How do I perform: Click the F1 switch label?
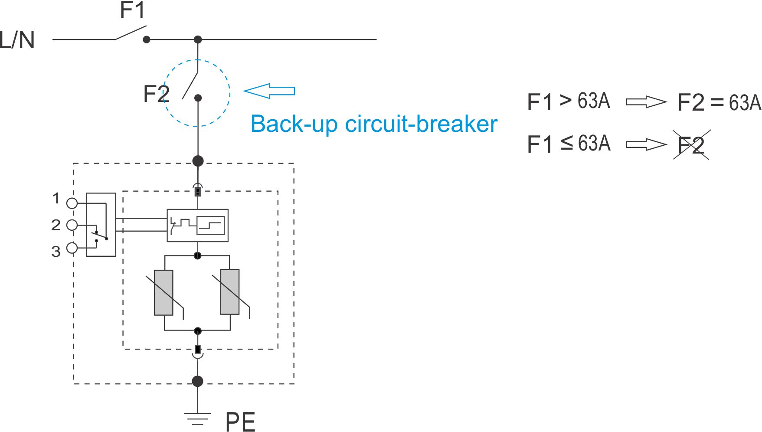pos(132,10)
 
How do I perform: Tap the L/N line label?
pos(17,40)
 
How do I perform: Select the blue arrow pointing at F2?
pos(269,91)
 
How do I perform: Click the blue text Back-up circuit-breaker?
pos(374,124)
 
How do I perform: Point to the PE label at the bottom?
pos(240,422)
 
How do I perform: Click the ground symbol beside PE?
pos(198,419)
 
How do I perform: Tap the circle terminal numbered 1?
pos(72,203)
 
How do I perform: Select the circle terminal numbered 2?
pos(72,225)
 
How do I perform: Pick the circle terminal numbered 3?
pos(72,248)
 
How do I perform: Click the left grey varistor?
pos(164,293)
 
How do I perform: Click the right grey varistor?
pos(230,292)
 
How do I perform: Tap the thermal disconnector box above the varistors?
pos(198,226)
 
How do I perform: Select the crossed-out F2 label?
pos(691,145)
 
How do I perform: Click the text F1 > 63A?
pos(569,101)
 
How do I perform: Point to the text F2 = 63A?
pos(719,103)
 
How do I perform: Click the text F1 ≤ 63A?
pos(569,144)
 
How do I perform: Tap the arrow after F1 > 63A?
pos(646,102)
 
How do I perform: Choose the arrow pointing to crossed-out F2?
pos(646,144)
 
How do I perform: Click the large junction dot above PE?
pos(198,381)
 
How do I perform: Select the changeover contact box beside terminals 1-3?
pos(101,225)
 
